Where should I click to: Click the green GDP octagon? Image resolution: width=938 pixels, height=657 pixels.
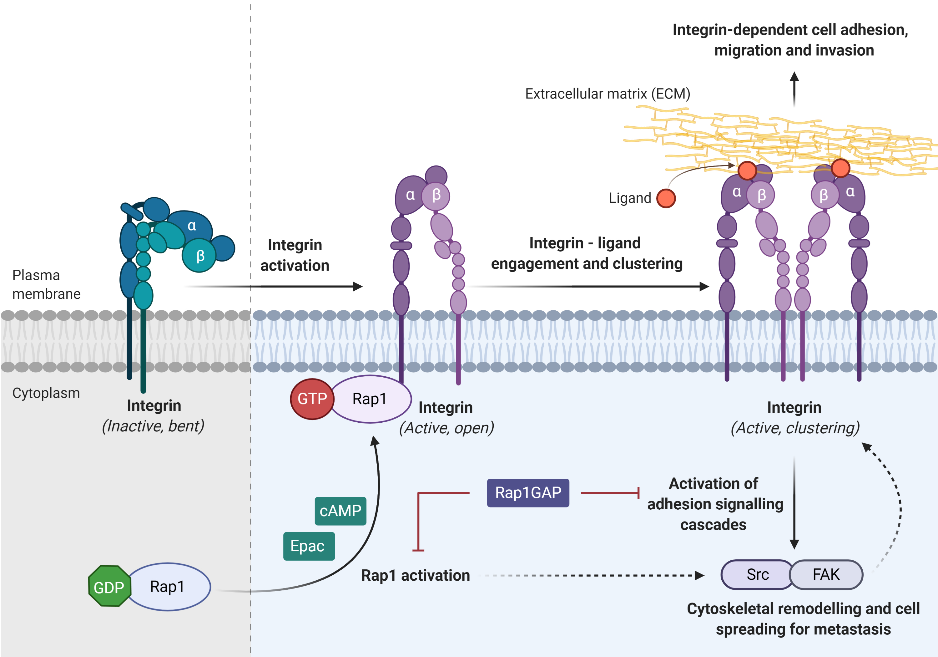(x=110, y=586)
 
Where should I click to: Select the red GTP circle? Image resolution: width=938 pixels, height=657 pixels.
(x=312, y=399)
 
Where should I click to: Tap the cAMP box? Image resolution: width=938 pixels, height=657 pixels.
(x=340, y=511)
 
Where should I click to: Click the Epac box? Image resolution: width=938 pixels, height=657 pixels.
(x=309, y=546)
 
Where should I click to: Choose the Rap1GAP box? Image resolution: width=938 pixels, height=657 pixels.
(x=528, y=493)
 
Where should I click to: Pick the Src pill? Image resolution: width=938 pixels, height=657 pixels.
(x=757, y=574)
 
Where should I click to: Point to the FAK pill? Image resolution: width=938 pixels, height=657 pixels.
(x=826, y=574)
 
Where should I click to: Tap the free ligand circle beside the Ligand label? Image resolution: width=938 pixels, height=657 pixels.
(x=666, y=198)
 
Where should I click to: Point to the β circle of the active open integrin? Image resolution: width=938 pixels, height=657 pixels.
(x=436, y=196)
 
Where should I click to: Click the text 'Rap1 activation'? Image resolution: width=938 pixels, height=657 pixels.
(x=416, y=575)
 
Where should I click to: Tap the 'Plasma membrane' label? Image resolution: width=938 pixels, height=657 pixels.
(x=46, y=285)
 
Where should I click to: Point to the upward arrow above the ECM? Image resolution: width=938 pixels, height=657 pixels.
(x=794, y=89)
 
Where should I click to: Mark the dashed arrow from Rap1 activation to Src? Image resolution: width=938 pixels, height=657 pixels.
(x=591, y=575)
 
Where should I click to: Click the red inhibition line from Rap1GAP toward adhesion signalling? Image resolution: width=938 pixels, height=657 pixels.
(x=610, y=493)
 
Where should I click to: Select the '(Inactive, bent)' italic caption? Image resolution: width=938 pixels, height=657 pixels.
(x=153, y=426)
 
